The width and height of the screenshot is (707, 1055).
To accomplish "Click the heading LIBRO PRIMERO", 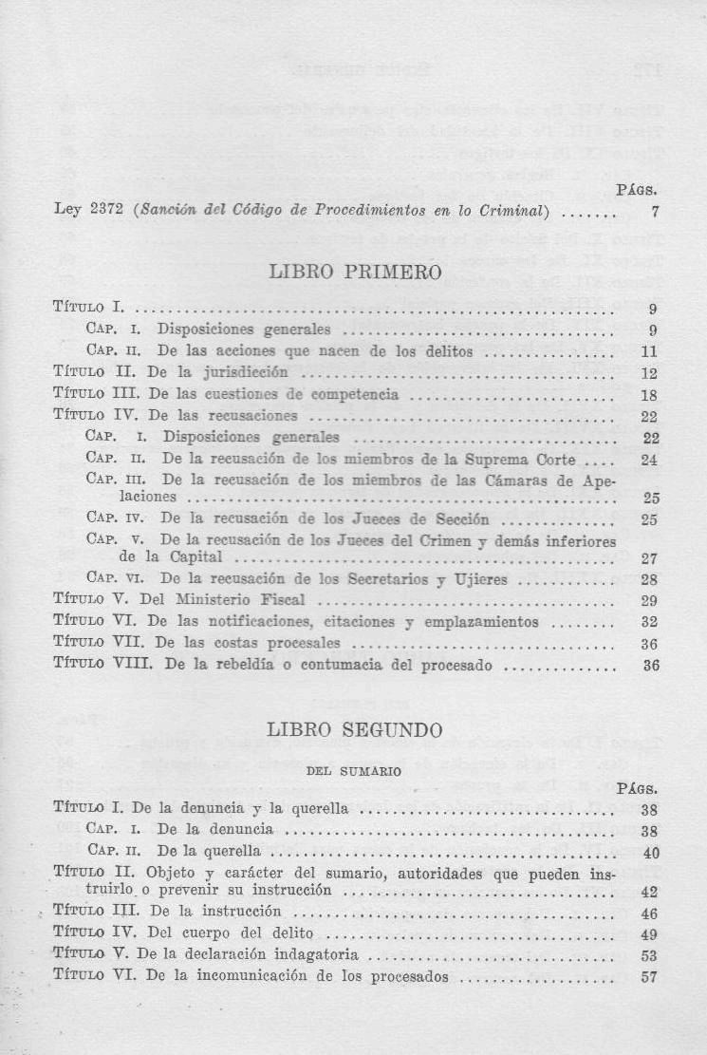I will [356, 273].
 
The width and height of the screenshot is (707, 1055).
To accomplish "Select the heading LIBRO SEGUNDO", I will [355, 731].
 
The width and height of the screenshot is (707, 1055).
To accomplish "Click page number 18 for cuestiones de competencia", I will [650, 395].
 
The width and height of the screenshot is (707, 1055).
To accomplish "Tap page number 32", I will [650, 622].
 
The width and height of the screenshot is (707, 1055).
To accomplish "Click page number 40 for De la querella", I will [650, 853].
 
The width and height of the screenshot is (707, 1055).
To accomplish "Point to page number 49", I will [650, 934].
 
